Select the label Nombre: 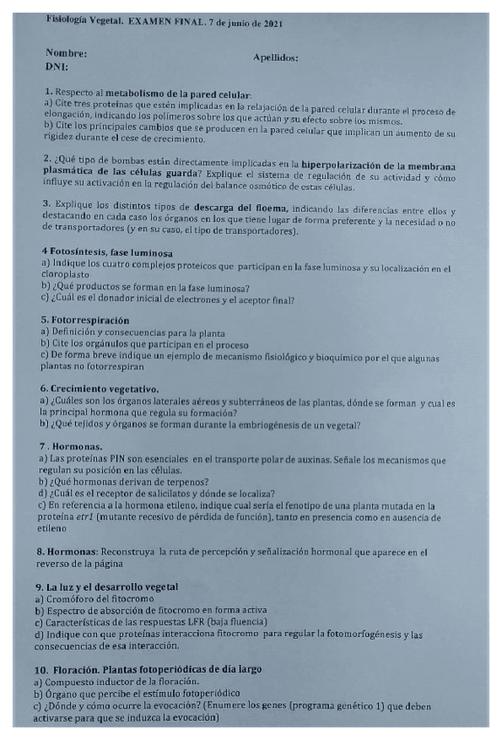[66, 52]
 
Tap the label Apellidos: [275, 58]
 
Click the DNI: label [57, 66]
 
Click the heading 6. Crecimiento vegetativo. [100, 388]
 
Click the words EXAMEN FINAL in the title [166, 24]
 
